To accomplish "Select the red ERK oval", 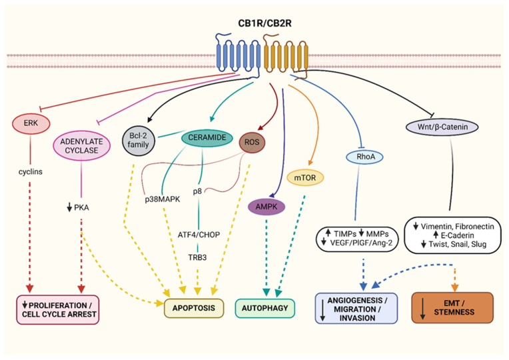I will click(29, 123).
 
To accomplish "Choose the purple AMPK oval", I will click(265, 207).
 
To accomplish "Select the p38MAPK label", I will click(162, 198).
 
